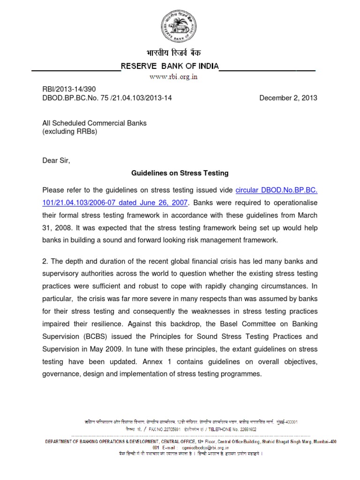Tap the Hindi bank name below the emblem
180,55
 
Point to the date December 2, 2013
288,98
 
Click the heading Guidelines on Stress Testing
180,173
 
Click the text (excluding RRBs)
69,132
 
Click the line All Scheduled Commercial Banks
94,123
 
